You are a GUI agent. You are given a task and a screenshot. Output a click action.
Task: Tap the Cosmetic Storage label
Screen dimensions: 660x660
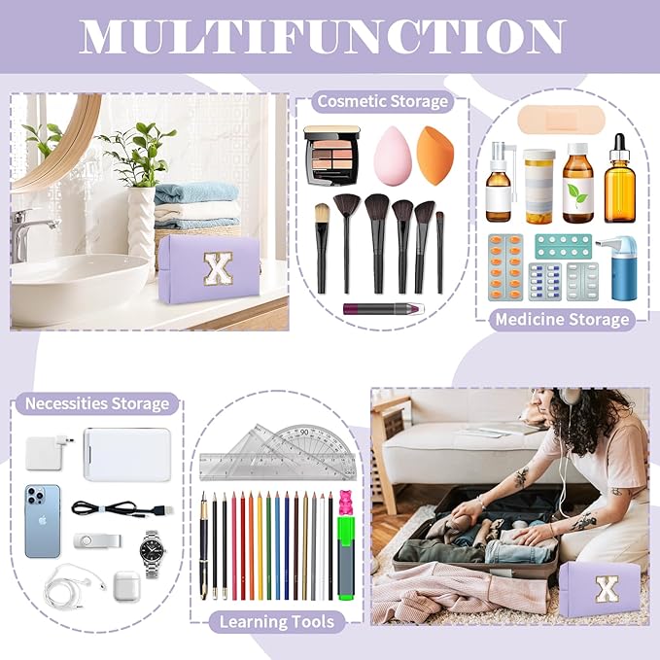pyautogui.click(x=382, y=102)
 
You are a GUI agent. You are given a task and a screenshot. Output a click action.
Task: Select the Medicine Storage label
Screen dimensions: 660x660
pyautogui.click(x=561, y=319)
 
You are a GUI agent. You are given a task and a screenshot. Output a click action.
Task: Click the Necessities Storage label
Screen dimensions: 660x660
pyautogui.click(x=97, y=403)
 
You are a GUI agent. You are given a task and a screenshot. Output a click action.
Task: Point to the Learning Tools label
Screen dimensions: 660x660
pyautogui.click(x=277, y=620)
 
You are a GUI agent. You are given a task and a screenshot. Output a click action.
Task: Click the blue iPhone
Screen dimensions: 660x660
pyautogui.click(x=42, y=520)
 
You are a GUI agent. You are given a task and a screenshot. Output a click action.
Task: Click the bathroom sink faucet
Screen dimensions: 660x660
pyautogui.click(x=21, y=233)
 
